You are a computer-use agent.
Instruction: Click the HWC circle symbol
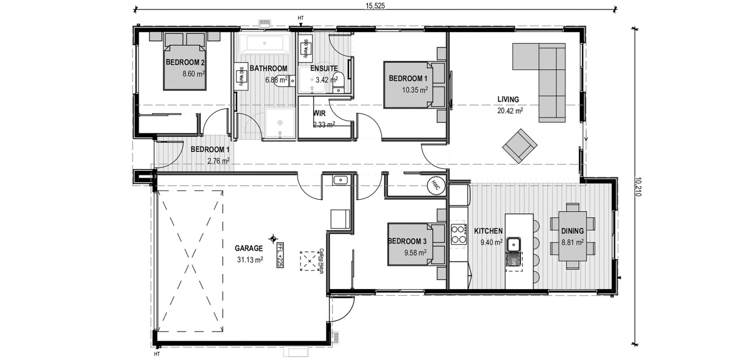[436, 186]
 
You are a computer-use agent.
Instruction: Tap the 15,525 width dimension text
[375, 6]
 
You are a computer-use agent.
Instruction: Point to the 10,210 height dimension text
[638, 186]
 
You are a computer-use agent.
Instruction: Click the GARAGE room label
[249, 248]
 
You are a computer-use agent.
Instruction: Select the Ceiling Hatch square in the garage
[310, 261]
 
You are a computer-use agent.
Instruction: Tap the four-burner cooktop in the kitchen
[459, 234]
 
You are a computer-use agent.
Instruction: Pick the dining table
[572, 236]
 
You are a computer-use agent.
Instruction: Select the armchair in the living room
[520, 146]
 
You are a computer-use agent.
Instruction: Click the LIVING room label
[508, 99]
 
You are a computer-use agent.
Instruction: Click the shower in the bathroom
[280, 123]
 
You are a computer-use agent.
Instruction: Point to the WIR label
[319, 113]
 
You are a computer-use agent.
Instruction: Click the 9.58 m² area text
[415, 253]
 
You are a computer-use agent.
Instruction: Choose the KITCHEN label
[488, 231]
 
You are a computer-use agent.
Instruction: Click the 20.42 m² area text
[510, 111]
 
